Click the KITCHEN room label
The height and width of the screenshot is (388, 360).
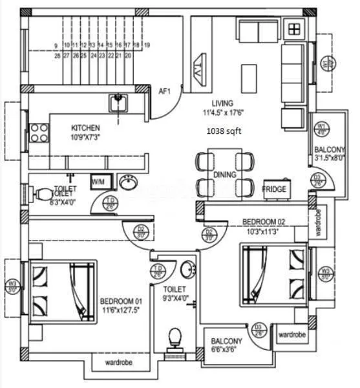85,127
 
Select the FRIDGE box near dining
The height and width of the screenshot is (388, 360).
274,189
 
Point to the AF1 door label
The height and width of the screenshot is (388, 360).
164,92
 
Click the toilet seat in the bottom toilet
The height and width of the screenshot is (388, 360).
174,339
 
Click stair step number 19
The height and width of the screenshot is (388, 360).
147,45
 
